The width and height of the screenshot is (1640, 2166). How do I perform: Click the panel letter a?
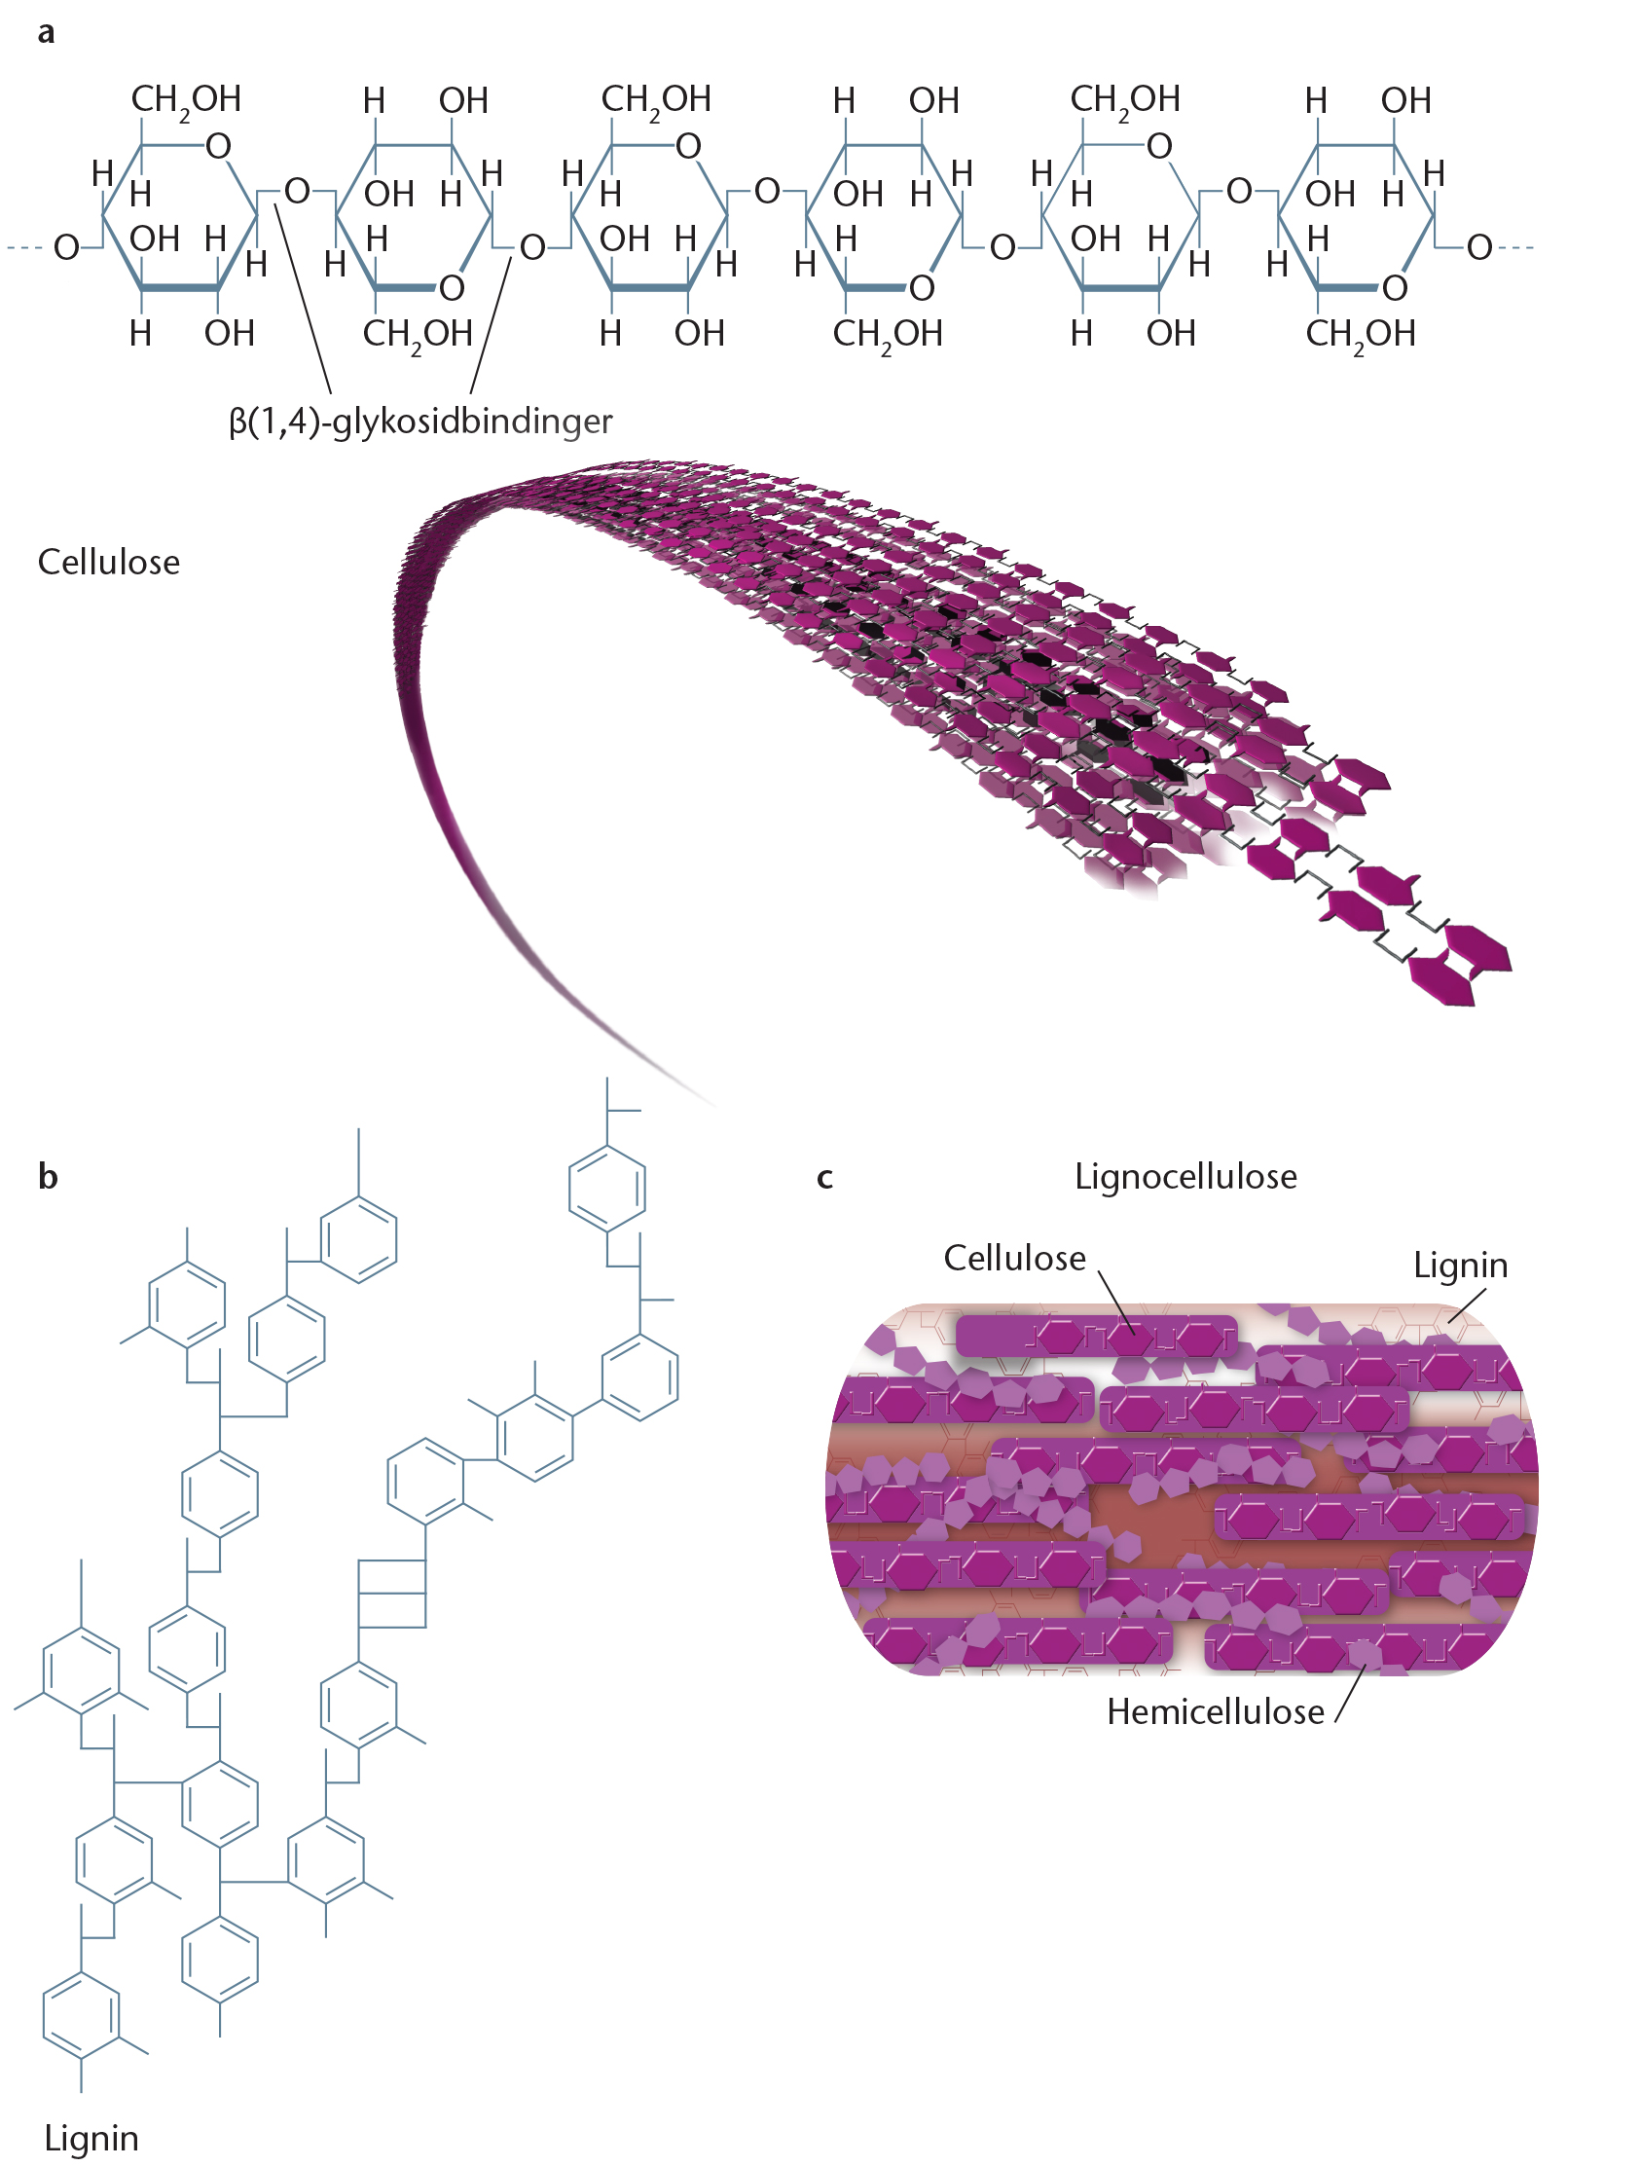point(46,33)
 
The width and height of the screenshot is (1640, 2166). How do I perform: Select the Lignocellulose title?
point(1184,1176)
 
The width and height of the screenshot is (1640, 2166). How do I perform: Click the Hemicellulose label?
point(1215,1710)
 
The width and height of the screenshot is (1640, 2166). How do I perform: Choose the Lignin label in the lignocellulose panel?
point(1460,1265)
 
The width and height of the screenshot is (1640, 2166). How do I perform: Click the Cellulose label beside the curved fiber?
point(109,562)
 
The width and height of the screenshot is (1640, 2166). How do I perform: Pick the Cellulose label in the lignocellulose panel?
point(1014,1258)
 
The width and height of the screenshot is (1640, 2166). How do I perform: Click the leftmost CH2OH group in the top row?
point(186,100)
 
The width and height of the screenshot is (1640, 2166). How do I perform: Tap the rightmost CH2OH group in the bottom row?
point(1360,335)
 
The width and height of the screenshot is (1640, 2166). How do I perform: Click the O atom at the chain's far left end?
point(65,247)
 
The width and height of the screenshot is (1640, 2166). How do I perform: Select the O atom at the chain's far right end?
point(1478,247)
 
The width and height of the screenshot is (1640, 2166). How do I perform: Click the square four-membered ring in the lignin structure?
point(391,1594)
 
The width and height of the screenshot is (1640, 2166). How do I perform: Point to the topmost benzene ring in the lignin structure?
point(607,1189)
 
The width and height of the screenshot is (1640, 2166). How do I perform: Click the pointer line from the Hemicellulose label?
point(1349,1696)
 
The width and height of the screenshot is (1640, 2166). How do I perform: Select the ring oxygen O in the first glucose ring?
point(218,146)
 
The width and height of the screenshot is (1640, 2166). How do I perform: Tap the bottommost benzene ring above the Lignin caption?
point(81,2017)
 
